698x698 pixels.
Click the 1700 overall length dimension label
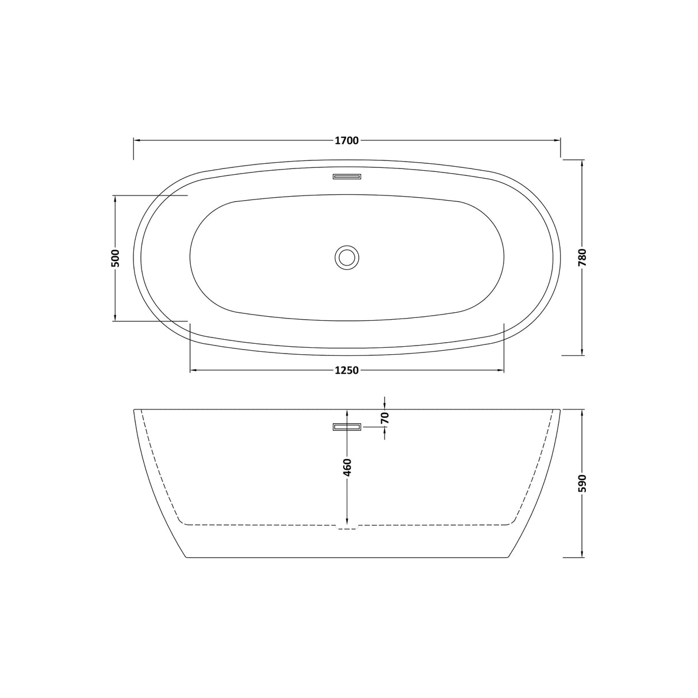pyautogui.click(x=347, y=140)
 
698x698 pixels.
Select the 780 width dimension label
pyautogui.click(x=582, y=258)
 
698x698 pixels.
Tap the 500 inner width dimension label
pyautogui.click(x=115, y=258)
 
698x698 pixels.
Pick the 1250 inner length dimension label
pyautogui.click(x=347, y=370)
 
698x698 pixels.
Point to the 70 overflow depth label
pyautogui.click(x=385, y=418)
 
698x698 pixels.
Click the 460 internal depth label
pyautogui.click(x=347, y=470)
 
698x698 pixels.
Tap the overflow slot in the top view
pyautogui.click(x=347, y=177)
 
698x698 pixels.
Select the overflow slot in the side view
pyautogui.click(x=347, y=427)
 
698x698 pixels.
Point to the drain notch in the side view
pyautogui.click(x=347, y=527)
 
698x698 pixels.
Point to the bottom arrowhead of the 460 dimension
pyautogui.click(x=347, y=521)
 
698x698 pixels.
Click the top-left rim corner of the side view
pyautogui.click(x=135, y=410)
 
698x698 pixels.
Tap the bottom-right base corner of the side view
pyautogui.click(x=509, y=557)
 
